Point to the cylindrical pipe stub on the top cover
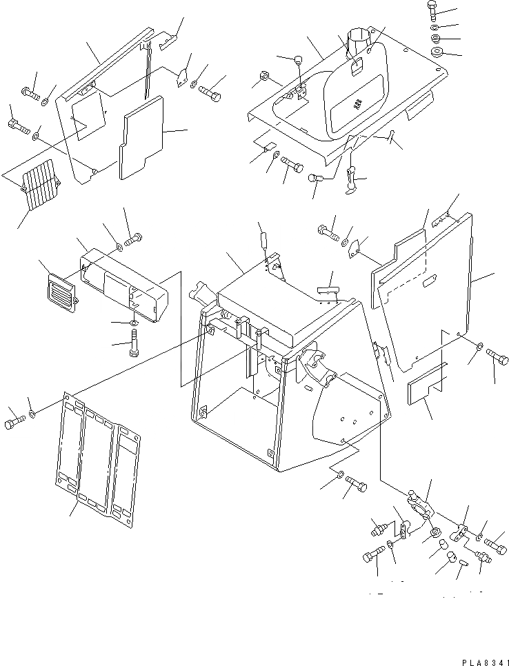pyautogui.click(x=359, y=39)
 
